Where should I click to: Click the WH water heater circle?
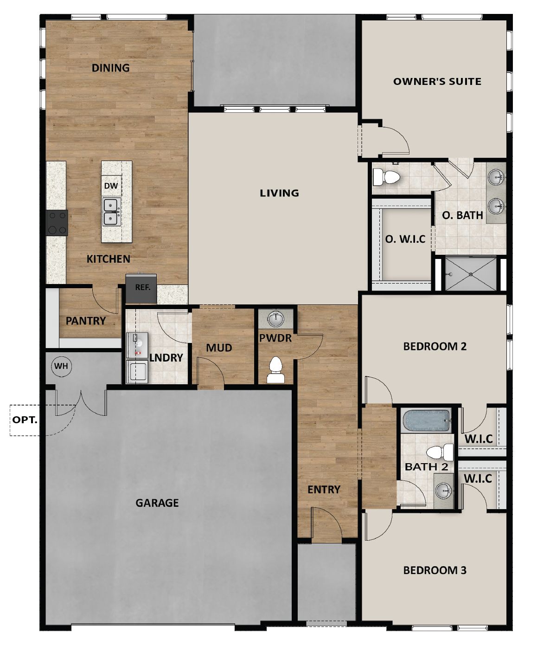point(61,366)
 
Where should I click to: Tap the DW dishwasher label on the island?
point(111,186)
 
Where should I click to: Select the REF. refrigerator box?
point(141,288)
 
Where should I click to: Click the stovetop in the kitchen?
point(57,223)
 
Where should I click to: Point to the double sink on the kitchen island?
point(111,212)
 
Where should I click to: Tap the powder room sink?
point(276,319)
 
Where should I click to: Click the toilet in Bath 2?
point(439,452)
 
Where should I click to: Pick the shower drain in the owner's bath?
point(471,274)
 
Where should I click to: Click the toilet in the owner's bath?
point(386,178)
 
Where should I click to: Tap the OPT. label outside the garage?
point(25,420)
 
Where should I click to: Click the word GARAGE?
point(157,503)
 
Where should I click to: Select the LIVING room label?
point(279,193)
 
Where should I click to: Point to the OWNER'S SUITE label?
point(437,81)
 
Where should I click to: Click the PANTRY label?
point(86,321)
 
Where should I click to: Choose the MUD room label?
point(219,348)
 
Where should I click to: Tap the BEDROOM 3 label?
point(435,570)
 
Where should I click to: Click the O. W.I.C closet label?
point(405,239)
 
